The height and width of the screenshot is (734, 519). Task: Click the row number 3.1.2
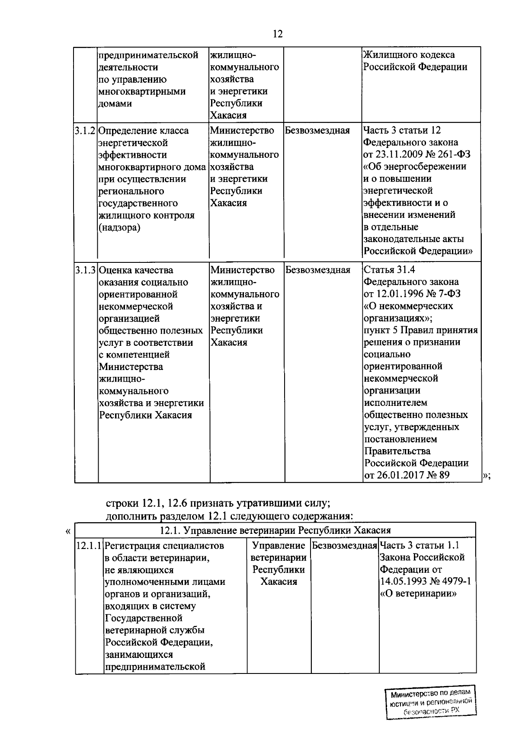click(86, 131)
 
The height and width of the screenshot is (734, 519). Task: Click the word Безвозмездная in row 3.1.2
click(317, 131)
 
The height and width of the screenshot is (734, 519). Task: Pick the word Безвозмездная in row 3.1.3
click(318, 270)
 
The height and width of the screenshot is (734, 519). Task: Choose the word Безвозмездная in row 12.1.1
click(345, 546)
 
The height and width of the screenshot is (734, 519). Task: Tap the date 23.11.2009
click(397, 154)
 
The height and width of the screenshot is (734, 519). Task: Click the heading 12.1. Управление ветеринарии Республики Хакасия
click(276, 530)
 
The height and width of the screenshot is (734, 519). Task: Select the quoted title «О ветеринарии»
click(418, 594)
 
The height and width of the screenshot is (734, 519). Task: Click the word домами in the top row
click(115, 103)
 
